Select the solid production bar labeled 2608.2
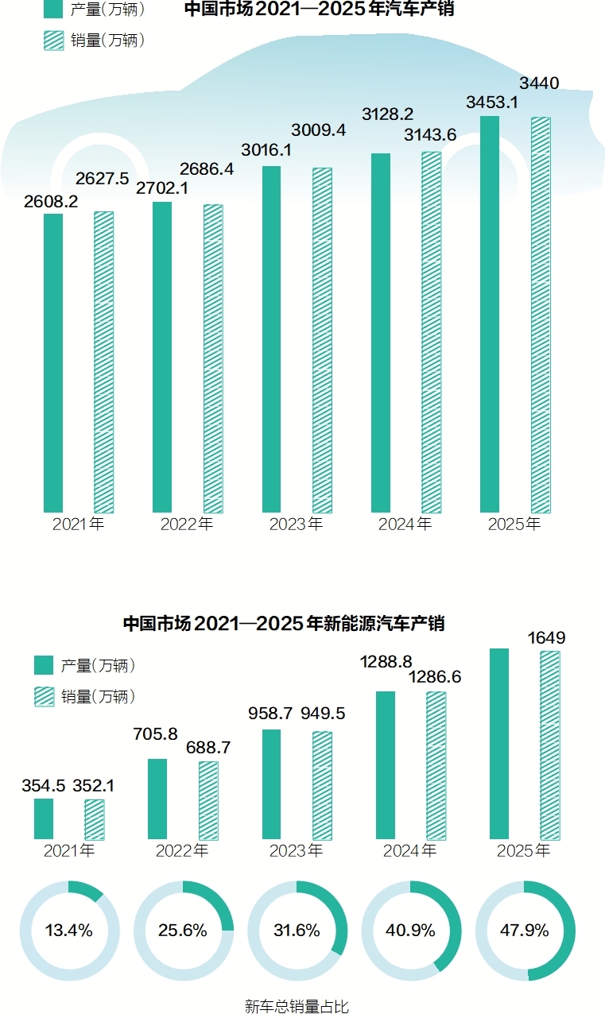tap(53, 362)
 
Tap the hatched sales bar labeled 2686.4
tap(213, 358)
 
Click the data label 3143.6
tap(429, 135)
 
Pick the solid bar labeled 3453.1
tap(490, 314)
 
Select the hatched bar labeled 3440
tap(541, 315)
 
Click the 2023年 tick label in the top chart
tap(296, 524)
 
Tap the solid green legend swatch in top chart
tap(54, 10)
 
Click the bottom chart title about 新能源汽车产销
tap(284, 624)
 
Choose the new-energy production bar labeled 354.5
tap(44, 819)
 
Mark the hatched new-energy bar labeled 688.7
tap(208, 800)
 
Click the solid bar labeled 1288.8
tap(386, 764)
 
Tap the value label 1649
tap(549, 637)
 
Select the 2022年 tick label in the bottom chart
tap(182, 851)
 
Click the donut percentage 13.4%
tap(68, 931)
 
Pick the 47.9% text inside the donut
tap(525, 931)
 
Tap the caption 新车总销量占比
tap(297, 1006)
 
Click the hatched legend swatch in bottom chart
tap(44, 697)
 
